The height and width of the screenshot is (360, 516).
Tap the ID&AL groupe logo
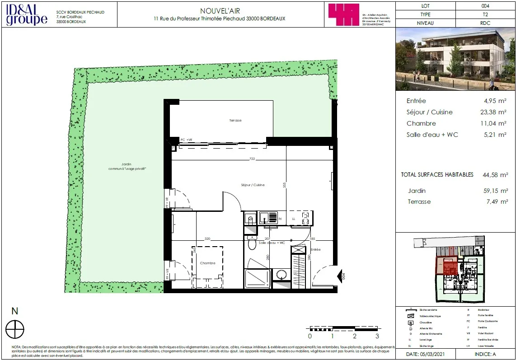(27, 14)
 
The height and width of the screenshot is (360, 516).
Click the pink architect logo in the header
(343, 14)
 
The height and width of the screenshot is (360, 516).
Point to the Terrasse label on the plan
(235, 121)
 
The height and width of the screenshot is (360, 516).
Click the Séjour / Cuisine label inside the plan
(253, 185)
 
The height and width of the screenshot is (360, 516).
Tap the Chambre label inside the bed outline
(207, 263)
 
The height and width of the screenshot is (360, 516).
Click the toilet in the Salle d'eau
(252, 243)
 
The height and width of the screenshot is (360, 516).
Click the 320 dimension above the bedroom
(207, 238)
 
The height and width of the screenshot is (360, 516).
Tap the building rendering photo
(455, 60)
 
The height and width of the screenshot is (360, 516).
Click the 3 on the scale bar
(377, 336)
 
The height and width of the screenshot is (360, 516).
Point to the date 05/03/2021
(426, 355)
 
